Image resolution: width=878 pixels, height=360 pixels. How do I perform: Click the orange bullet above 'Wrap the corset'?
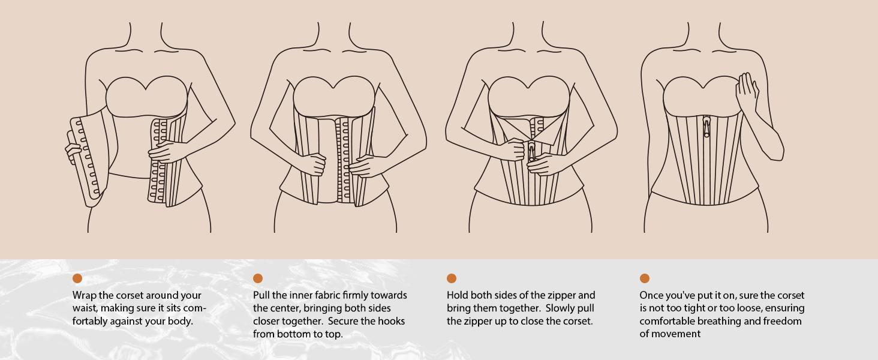(77, 278)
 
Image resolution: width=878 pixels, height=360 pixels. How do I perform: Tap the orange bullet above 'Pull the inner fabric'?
(258, 278)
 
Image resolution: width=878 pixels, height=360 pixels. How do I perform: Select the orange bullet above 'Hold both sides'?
(452, 278)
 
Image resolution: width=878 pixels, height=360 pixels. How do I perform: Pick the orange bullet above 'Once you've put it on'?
(645, 278)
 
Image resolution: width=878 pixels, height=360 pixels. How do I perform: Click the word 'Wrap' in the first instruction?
(85, 295)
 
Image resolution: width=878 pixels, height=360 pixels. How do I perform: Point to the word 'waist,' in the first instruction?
(85, 308)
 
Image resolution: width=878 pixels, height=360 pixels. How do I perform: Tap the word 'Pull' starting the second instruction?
(261, 295)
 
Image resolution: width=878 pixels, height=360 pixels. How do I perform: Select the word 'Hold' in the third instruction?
(458, 295)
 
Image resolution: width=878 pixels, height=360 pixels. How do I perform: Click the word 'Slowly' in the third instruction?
(561, 308)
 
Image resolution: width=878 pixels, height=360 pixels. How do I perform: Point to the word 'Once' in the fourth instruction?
(651, 295)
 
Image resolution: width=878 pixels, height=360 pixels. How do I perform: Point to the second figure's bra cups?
(334, 96)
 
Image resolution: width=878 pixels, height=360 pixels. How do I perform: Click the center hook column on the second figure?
(344, 159)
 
